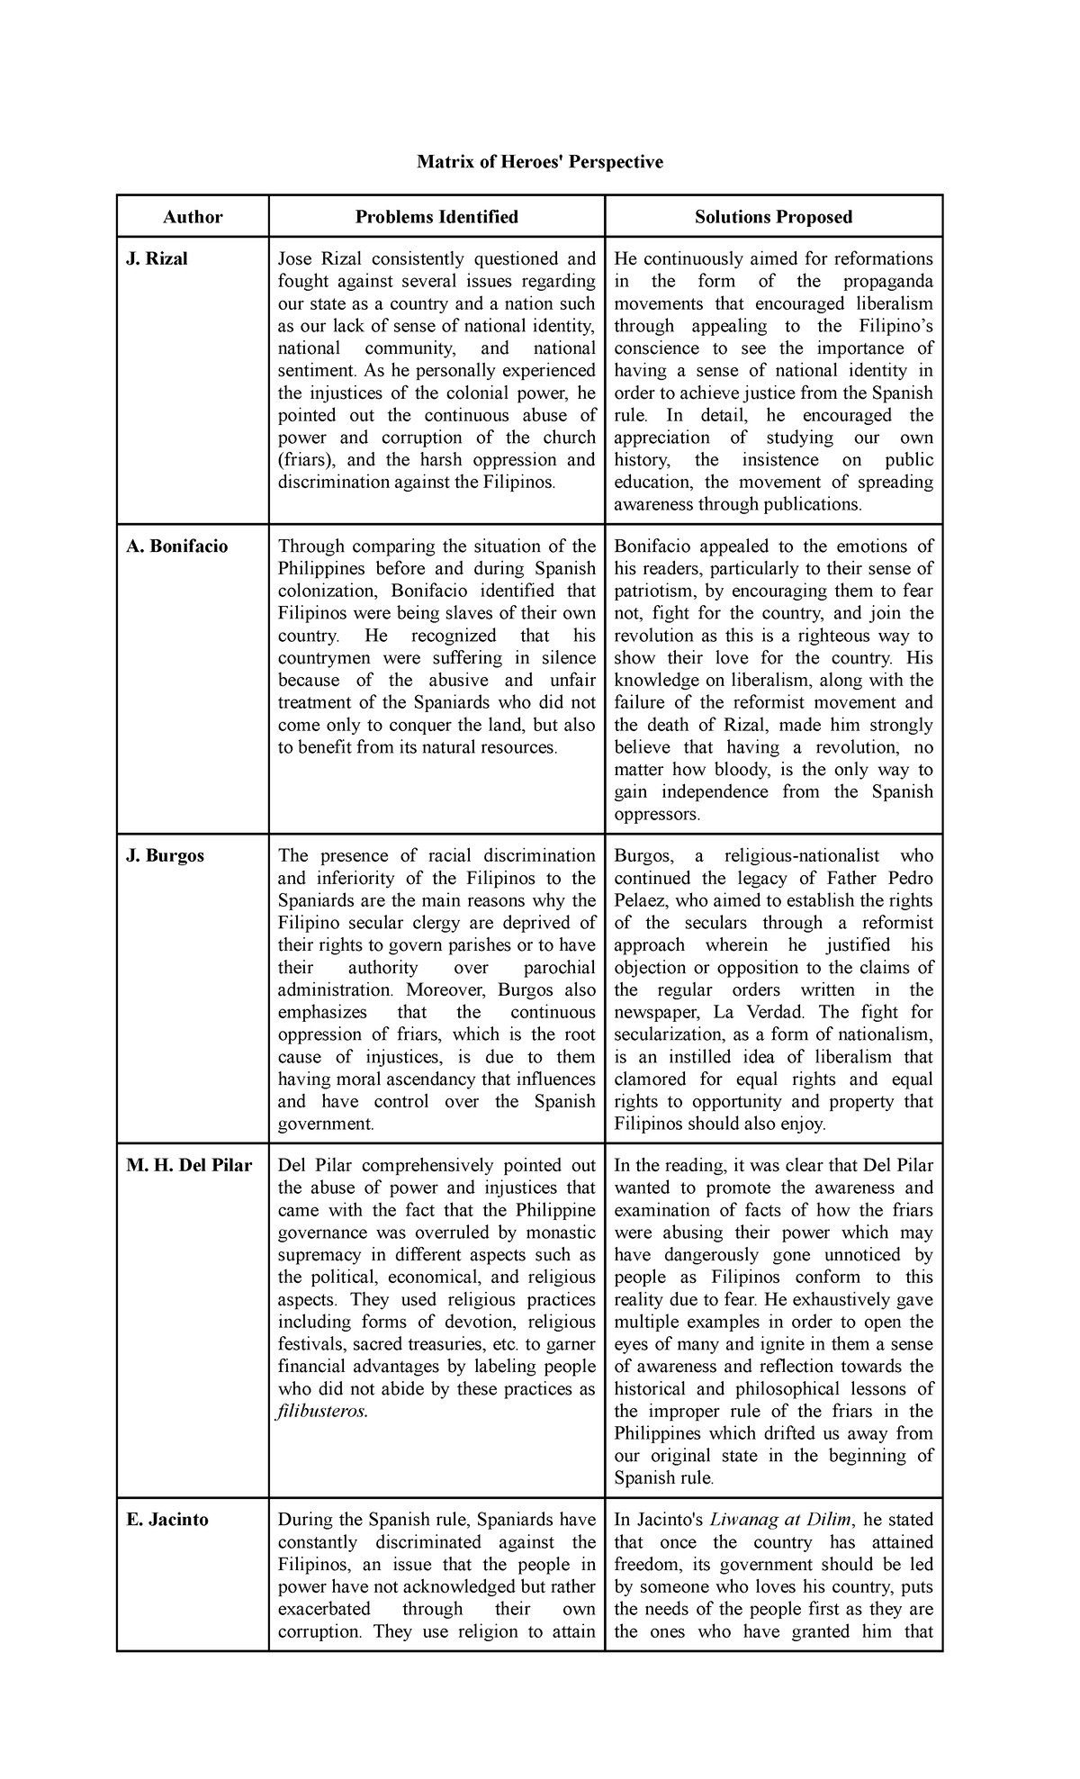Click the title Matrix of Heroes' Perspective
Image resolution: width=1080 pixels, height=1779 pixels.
pyautogui.click(x=539, y=161)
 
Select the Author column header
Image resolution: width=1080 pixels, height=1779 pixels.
pyautogui.click(x=193, y=217)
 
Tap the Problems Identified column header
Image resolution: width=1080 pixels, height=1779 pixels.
pyautogui.click(x=436, y=217)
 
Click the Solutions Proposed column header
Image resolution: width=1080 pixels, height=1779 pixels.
pyautogui.click(x=773, y=217)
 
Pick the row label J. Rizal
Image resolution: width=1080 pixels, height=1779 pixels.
pyautogui.click(x=157, y=259)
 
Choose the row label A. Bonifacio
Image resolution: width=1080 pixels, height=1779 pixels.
pyautogui.click(x=177, y=546)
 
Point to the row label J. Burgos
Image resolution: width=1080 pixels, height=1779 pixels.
pyautogui.click(x=166, y=856)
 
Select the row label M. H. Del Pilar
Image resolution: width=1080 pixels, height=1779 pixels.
pyautogui.click(x=189, y=1166)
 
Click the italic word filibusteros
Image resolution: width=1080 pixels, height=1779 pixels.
pyautogui.click(x=323, y=1412)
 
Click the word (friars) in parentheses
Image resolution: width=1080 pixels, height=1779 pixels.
pyautogui.click(x=305, y=460)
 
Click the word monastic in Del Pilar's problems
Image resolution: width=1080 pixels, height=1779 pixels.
pyautogui.click(x=560, y=1233)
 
